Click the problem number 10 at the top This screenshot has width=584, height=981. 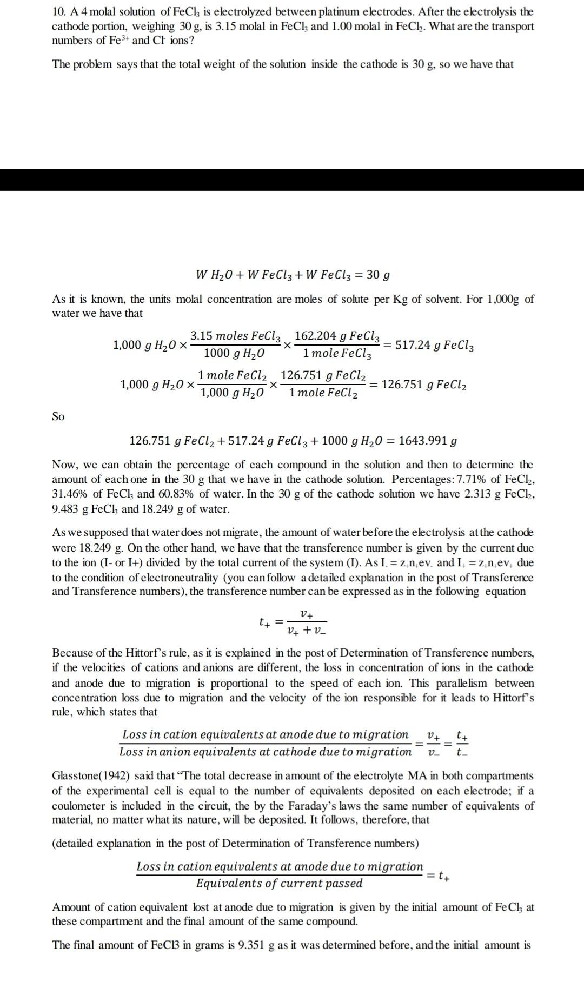pos(58,12)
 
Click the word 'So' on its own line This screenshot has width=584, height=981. pos(58,416)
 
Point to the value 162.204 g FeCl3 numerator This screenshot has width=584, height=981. pos(337,336)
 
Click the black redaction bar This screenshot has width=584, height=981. pos(292,180)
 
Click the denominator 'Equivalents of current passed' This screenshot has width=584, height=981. pos(279,883)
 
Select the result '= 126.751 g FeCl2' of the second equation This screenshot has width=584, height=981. pos(419,385)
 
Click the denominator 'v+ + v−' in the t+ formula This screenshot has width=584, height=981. pos(307,631)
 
